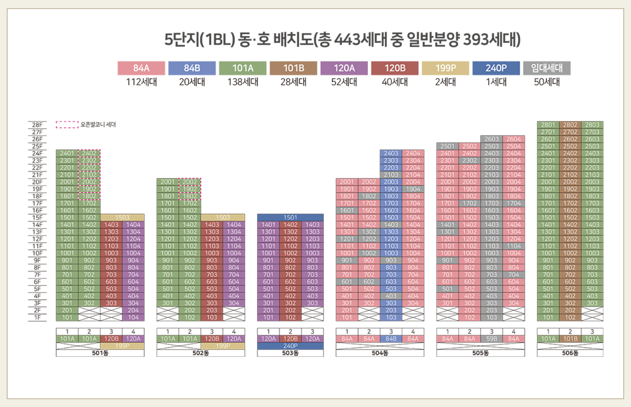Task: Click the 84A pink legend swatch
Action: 141,68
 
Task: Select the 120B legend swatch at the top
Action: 395,68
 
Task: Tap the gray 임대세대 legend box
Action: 547,68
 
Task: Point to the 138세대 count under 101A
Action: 243,82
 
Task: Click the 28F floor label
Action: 37,125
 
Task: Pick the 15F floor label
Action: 37,218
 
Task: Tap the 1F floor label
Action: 37,317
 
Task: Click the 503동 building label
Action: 290,353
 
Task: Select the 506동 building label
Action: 570,353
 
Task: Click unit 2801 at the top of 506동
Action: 548,125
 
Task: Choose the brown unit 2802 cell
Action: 570,125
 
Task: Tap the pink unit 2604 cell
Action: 514,139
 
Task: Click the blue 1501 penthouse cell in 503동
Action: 290,218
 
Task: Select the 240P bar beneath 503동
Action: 290,346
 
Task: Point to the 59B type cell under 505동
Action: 492,339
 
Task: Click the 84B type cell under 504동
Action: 391,339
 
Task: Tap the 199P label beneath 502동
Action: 223,346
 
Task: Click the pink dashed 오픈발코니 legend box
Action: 67,125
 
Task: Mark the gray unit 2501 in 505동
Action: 447,146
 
